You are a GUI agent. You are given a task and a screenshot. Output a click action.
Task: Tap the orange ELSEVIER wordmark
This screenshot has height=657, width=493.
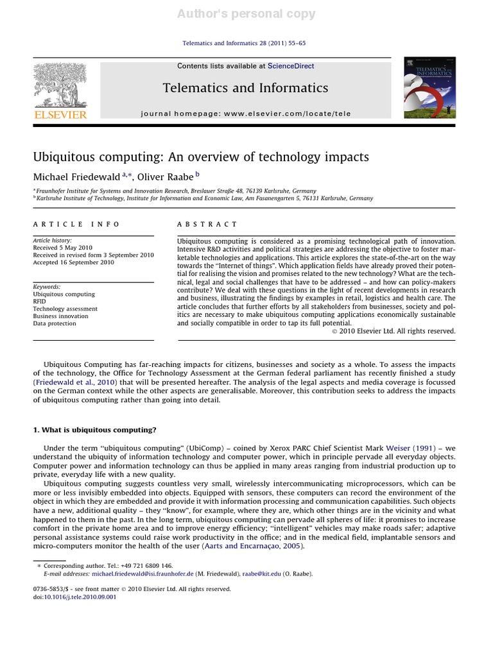pyautogui.click(x=60, y=114)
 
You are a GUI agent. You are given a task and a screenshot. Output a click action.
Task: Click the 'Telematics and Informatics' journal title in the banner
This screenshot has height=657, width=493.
pyautogui.click(x=245, y=88)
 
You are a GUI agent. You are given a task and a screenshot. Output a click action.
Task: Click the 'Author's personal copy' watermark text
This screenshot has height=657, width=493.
pyautogui.click(x=246, y=13)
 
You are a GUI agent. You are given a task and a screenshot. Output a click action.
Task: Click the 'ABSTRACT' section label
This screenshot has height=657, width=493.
pyautogui.click(x=207, y=224)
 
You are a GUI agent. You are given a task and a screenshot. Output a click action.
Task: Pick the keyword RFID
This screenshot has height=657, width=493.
pyautogui.click(x=40, y=301)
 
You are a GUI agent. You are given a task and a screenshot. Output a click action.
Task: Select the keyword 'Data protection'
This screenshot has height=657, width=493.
pyautogui.click(x=55, y=323)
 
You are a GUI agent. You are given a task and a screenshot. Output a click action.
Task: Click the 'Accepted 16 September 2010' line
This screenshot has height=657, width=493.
pyautogui.click(x=73, y=262)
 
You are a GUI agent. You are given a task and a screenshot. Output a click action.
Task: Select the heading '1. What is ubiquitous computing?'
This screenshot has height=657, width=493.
pyautogui.click(x=94, y=429)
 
